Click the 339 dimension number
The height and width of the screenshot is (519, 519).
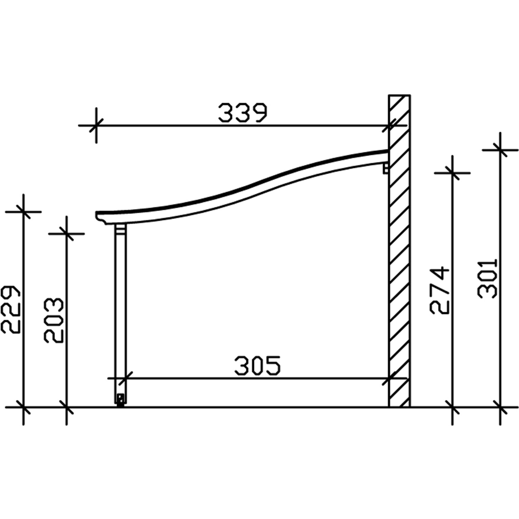pos(243,113)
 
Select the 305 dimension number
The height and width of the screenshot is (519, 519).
pos(257,366)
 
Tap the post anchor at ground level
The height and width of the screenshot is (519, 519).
pos(120,399)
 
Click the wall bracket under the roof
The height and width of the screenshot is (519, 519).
pos(385,169)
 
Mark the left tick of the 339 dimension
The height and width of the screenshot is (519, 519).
pos(96,125)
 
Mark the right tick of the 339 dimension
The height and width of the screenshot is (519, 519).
pos(389,125)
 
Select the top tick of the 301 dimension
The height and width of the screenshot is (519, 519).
pos(500,150)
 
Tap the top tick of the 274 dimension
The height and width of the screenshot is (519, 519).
pos(453,172)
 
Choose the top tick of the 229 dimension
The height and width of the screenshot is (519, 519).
pos(23,211)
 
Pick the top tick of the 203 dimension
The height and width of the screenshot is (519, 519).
pos(66,234)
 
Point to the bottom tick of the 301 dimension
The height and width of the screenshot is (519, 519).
pos(500,407)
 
